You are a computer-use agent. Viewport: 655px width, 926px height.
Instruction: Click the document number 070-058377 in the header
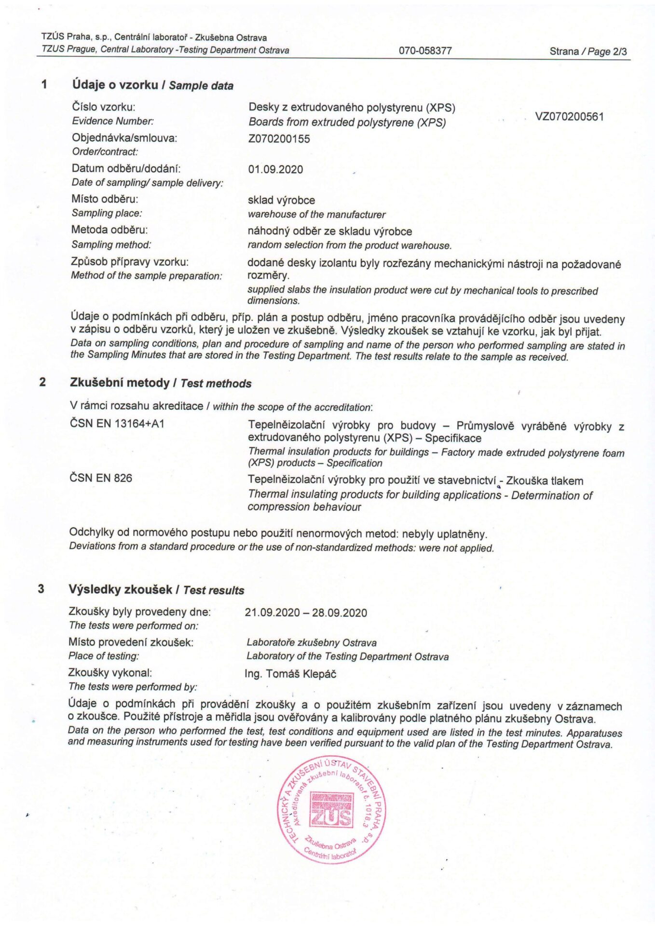click(425, 51)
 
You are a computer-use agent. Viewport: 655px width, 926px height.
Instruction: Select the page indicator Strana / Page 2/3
click(588, 52)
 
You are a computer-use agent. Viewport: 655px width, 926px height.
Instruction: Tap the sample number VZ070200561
click(569, 117)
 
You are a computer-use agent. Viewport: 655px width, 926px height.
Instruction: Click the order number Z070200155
click(279, 139)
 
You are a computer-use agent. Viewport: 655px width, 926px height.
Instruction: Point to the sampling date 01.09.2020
click(275, 170)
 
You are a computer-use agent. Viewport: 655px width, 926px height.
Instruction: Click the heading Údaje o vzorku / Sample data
click(152, 85)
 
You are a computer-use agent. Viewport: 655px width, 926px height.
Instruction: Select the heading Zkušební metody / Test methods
click(161, 383)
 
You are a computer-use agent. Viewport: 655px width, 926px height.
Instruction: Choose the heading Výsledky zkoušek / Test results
click(156, 590)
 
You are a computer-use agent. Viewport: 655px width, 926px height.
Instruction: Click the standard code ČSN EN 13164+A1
click(117, 424)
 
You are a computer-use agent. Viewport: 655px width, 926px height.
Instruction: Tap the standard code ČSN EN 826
click(101, 478)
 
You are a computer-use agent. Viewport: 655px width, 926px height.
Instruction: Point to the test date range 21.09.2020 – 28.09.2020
click(306, 613)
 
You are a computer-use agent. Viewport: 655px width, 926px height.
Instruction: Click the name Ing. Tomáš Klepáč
click(290, 674)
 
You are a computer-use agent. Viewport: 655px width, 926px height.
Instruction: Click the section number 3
click(41, 589)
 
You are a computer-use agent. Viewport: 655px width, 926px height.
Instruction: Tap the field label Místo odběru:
click(105, 199)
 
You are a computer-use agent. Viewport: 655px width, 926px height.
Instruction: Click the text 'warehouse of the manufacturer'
click(316, 215)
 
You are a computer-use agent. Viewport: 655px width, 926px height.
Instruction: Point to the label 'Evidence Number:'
click(113, 122)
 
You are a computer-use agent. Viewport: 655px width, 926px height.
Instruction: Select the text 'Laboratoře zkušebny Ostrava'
click(312, 643)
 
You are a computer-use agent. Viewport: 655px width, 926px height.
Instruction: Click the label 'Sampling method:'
click(111, 245)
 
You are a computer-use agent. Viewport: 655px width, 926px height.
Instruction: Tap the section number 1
click(44, 85)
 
